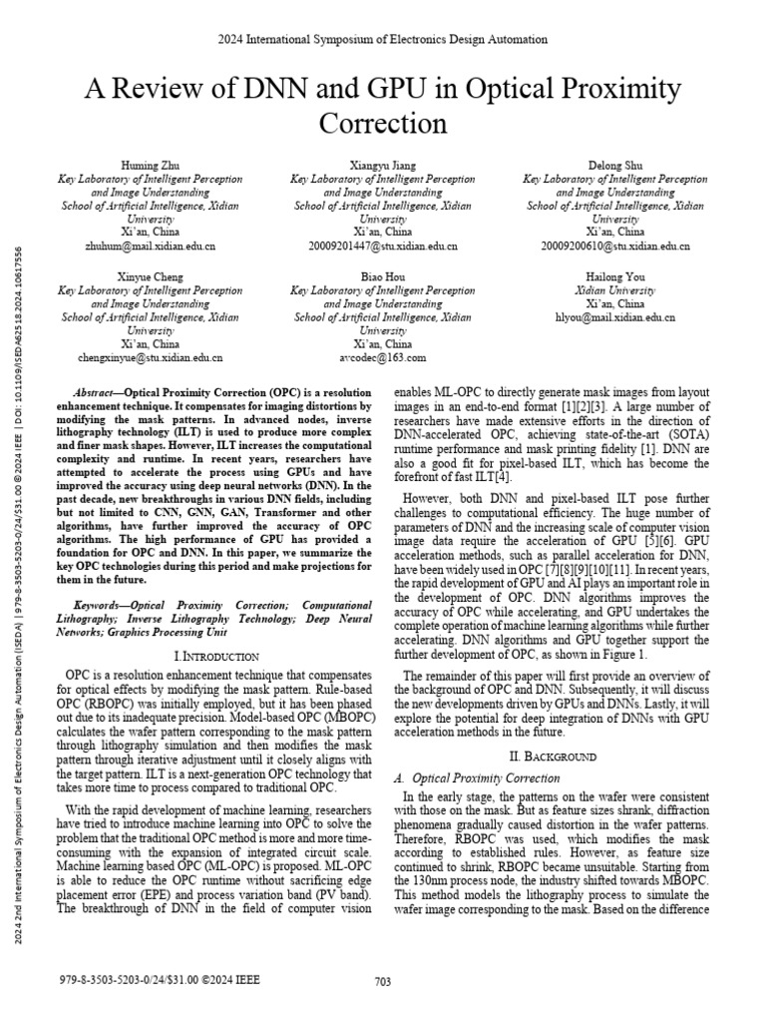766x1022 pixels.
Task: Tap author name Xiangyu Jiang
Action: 383,165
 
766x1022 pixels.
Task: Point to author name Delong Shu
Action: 615,165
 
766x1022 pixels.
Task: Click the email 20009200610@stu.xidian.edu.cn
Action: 615,245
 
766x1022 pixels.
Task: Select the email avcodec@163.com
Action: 383,356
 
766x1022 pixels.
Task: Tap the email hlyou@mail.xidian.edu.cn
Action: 615,316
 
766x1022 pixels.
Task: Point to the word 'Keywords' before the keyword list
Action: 103,605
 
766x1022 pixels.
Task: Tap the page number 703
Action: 383,982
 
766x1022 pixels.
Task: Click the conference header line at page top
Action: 383,40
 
